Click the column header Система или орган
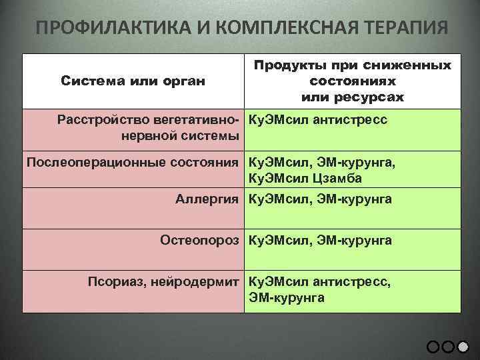(133, 81)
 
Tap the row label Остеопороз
(199, 240)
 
